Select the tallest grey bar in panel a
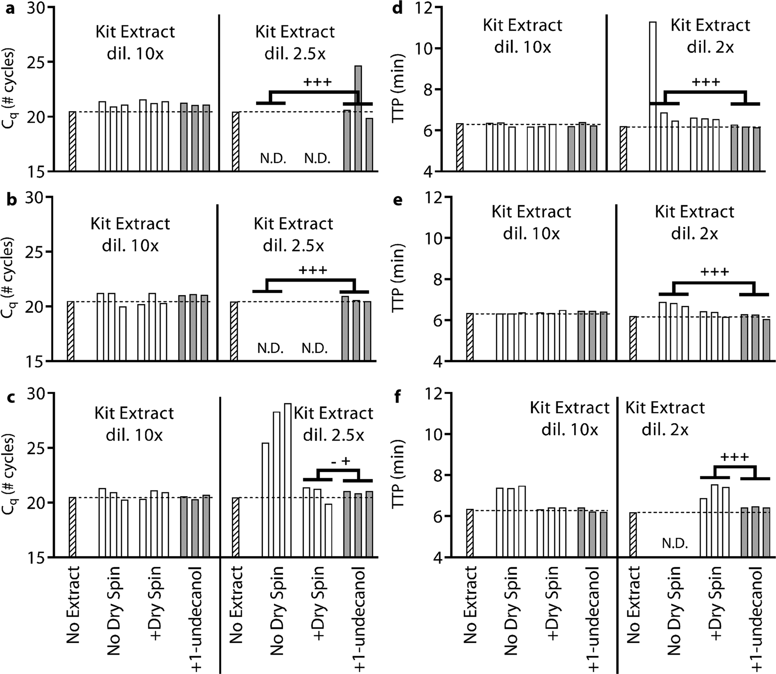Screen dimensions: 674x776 point(358,118)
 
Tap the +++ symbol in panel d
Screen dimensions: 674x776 point(706,83)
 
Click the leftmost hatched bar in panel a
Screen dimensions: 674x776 point(72,141)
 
